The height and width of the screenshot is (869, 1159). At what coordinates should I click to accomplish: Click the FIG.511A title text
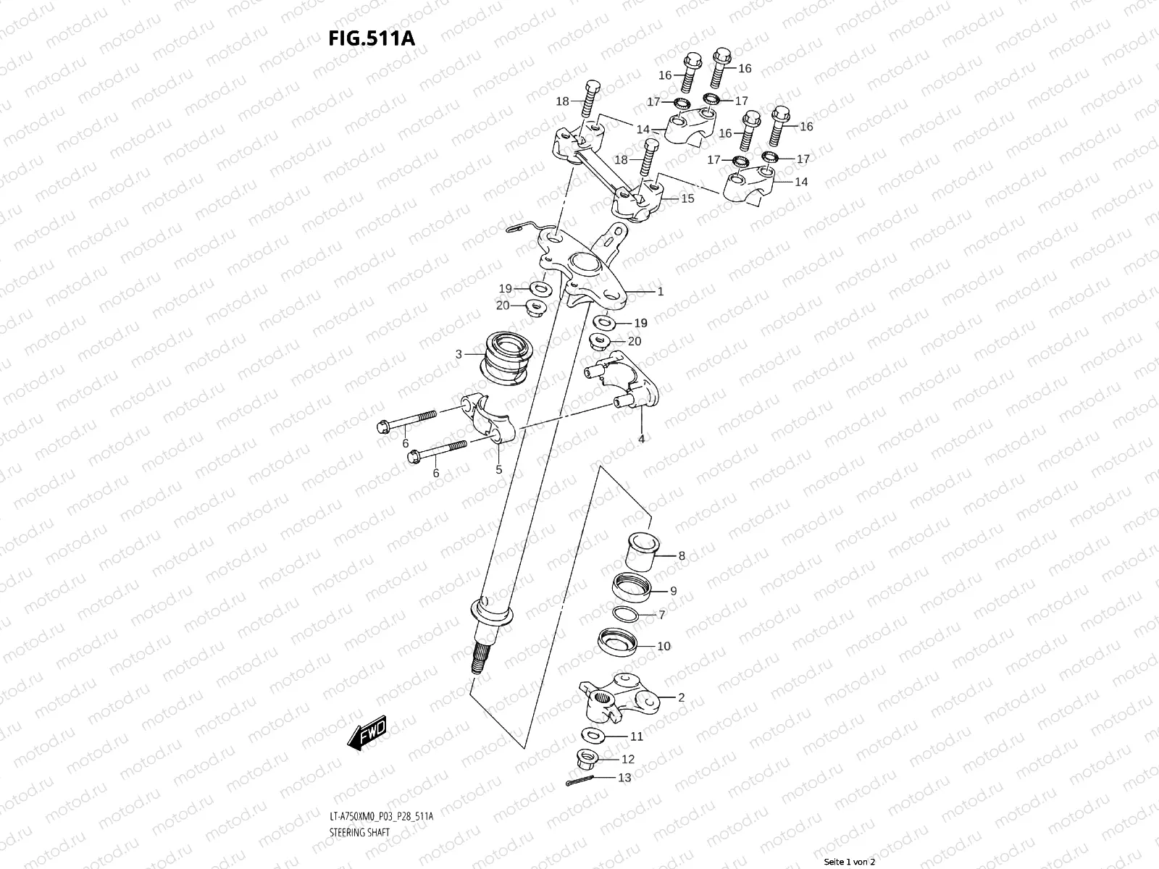pyautogui.click(x=372, y=38)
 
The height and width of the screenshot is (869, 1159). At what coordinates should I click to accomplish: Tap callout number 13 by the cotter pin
pyautogui.click(x=624, y=778)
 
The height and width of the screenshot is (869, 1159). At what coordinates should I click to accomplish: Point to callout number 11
pyautogui.click(x=636, y=736)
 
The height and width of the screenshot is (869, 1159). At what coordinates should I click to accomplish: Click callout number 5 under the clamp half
pyautogui.click(x=498, y=470)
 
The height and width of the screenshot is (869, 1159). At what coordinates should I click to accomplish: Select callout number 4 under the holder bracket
pyautogui.click(x=641, y=439)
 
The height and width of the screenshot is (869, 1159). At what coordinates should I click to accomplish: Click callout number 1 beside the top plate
pyautogui.click(x=660, y=292)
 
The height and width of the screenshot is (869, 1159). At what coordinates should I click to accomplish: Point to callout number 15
pyautogui.click(x=687, y=198)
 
